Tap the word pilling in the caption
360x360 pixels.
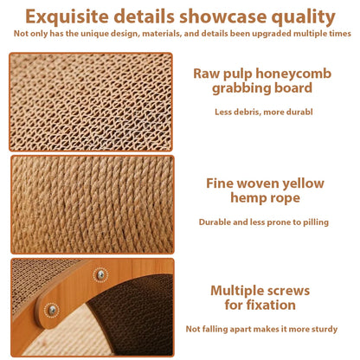click(x=313, y=222)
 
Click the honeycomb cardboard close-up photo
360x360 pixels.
click(x=91, y=102)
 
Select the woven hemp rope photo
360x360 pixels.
click(x=91, y=204)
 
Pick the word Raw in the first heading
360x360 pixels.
click(x=208, y=73)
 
